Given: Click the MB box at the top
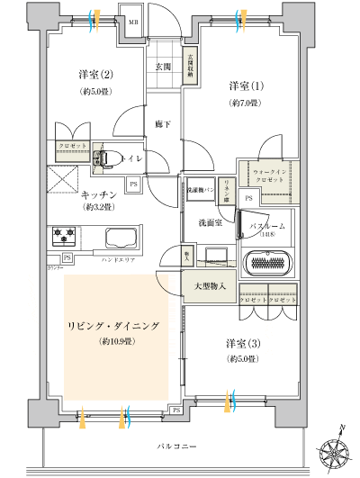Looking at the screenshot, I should [131, 21].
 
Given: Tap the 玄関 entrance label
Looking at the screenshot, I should [163, 67].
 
